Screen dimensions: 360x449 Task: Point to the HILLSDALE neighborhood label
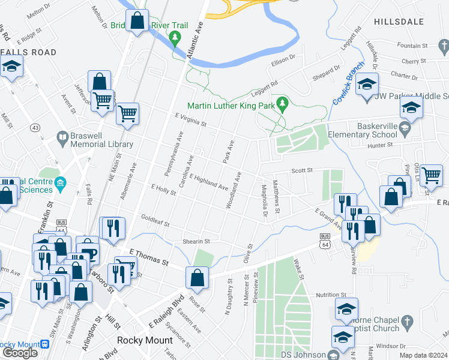399,21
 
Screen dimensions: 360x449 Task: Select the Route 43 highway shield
35,128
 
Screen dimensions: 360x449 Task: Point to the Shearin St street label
196,241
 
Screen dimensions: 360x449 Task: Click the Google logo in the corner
20,353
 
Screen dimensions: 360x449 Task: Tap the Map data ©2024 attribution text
424,355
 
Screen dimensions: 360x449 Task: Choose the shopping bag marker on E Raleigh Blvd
197,278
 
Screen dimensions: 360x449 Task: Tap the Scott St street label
303,171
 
